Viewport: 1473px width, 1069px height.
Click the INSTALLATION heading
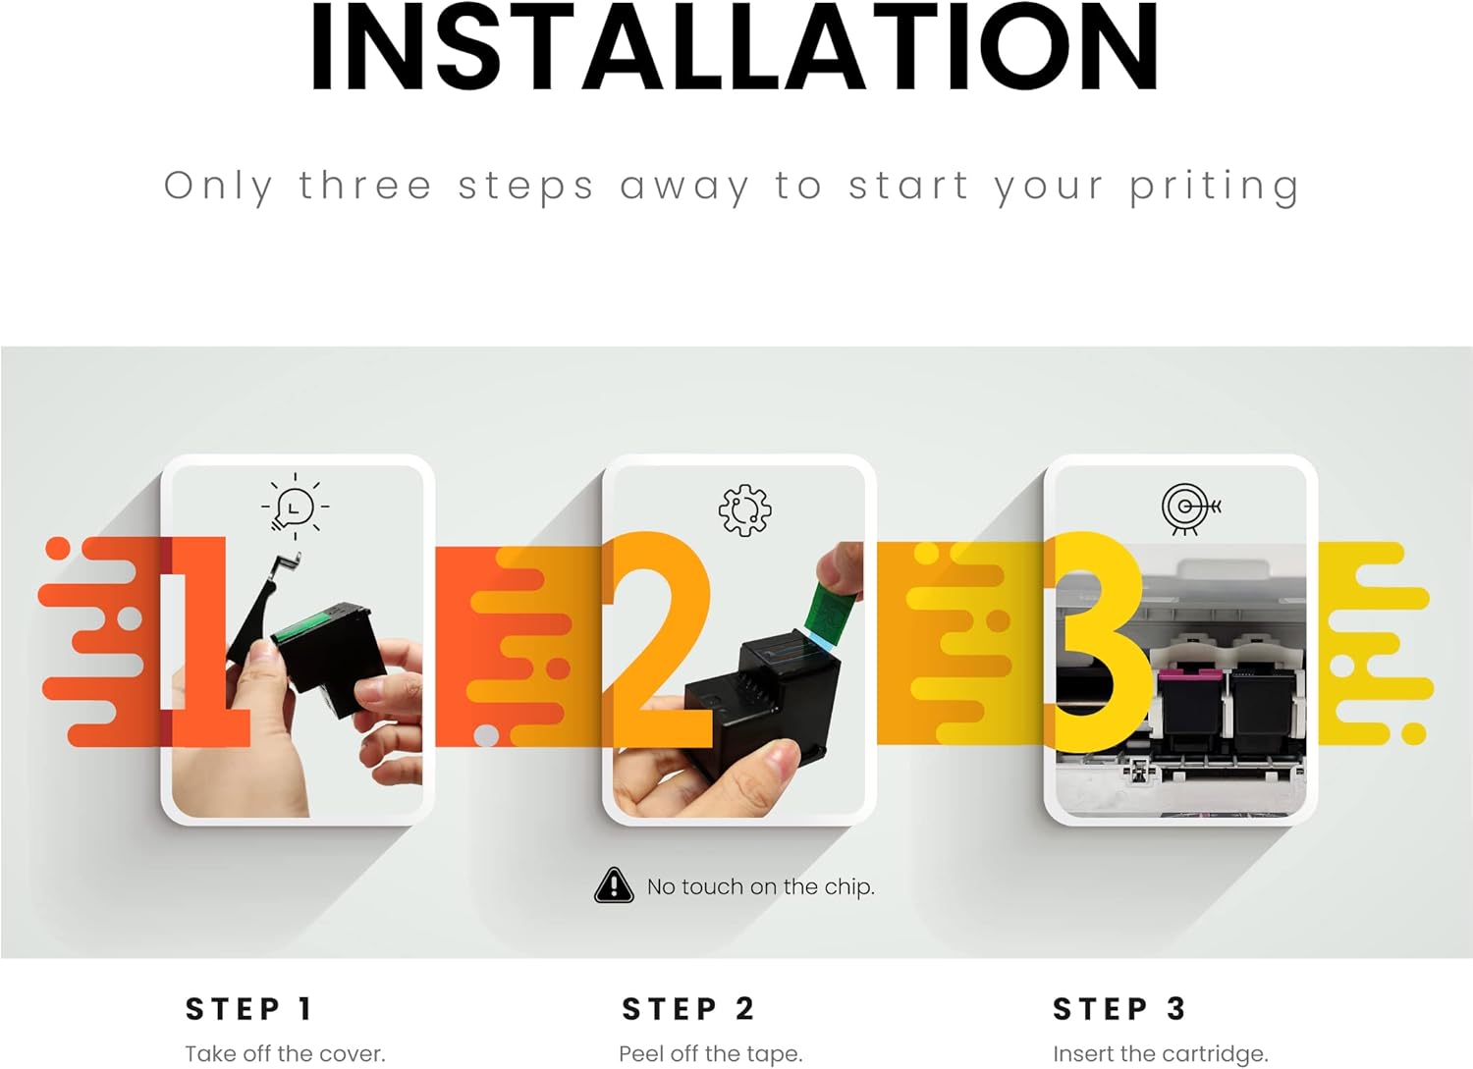(734, 46)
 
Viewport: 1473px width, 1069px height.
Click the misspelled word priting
(1214, 187)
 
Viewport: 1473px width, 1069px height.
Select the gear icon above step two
(745, 510)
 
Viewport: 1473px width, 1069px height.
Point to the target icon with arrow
(1190, 508)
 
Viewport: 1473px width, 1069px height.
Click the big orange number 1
(205, 642)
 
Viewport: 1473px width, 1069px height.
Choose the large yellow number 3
(1098, 642)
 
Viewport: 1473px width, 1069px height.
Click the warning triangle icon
(614, 885)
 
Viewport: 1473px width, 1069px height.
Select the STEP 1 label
(248, 1008)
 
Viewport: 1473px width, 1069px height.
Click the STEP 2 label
(687, 1008)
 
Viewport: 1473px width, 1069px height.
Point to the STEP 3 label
(1119, 1008)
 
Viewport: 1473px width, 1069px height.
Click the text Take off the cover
(285, 1054)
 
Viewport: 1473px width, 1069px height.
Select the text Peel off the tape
(711, 1054)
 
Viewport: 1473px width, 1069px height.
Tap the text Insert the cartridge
(1160, 1054)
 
